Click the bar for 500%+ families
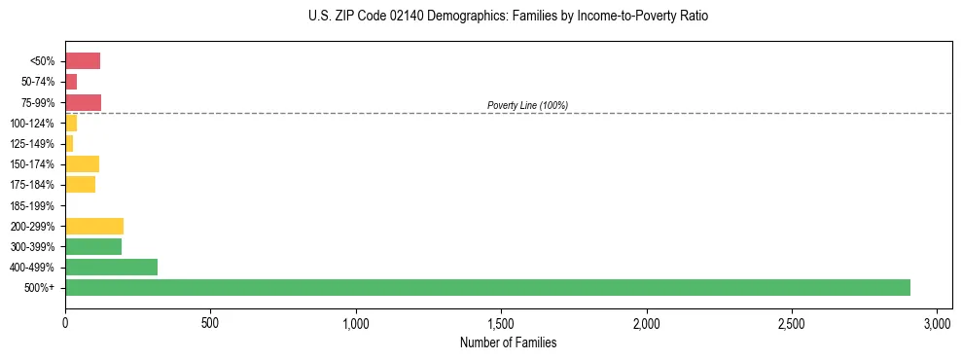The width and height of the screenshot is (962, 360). pyautogui.click(x=486, y=287)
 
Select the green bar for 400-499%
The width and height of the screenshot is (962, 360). pyautogui.click(x=111, y=267)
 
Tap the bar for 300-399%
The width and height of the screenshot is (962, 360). pyautogui.click(x=93, y=246)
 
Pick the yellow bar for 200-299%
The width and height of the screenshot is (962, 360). pyautogui.click(x=94, y=226)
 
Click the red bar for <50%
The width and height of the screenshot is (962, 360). pyautogui.click(x=83, y=61)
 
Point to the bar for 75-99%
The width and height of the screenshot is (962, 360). pyautogui.click(x=83, y=102)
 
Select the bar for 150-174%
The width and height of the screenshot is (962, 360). pyautogui.click(x=82, y=163)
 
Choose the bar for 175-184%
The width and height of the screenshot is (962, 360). pyautogui.click(x=80, y=184)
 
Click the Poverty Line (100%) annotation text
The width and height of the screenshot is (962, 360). pyautogui.click(x=527, y=105)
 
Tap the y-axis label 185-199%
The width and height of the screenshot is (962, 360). pyautogui.click(x=32, y=205)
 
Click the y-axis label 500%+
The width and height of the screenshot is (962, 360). pyautogui.click(x=40, y=288)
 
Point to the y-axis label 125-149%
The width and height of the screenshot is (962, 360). pyautogui.click(x=32, y=144)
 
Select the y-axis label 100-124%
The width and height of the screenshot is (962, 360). pyautogui.click(x=32, y=124)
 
